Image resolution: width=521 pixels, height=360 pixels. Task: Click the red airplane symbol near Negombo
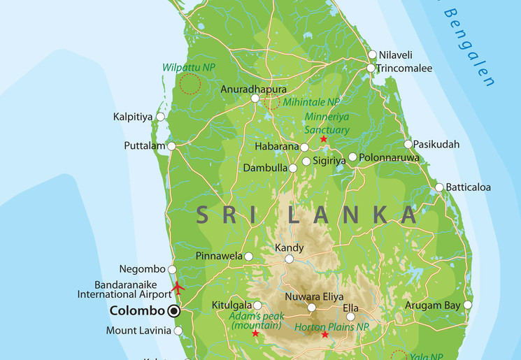pos(178,287)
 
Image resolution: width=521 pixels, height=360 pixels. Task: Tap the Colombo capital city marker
pos(173,311)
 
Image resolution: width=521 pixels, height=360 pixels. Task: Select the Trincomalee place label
pos(404,69)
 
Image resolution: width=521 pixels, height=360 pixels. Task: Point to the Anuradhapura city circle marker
pos(255,99)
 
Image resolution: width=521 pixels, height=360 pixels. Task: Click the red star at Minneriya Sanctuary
pos(323,139)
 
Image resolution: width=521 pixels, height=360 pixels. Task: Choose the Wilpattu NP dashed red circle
pos(190,84)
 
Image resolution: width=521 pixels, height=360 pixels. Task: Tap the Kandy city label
pos(289,248)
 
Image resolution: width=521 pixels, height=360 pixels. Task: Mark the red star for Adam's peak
pos(255,333)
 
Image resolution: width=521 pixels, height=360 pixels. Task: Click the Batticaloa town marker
pos(439,187)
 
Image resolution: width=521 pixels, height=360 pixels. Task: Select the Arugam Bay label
pos(433,305)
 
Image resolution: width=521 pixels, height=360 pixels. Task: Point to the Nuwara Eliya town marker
pos(312,307)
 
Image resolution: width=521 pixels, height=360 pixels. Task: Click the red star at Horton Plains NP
pos(324,335)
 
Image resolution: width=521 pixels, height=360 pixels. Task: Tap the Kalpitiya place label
pos(133,117)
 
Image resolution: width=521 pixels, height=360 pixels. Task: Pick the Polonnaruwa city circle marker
pos(352,157)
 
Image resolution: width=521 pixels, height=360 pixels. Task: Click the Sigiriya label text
pos(329,161)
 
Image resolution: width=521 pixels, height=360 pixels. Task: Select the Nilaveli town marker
pos(373,55)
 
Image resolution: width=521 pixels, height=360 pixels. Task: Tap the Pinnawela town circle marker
pos(248,257)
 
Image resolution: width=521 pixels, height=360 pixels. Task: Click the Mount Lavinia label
pos(138,331)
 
